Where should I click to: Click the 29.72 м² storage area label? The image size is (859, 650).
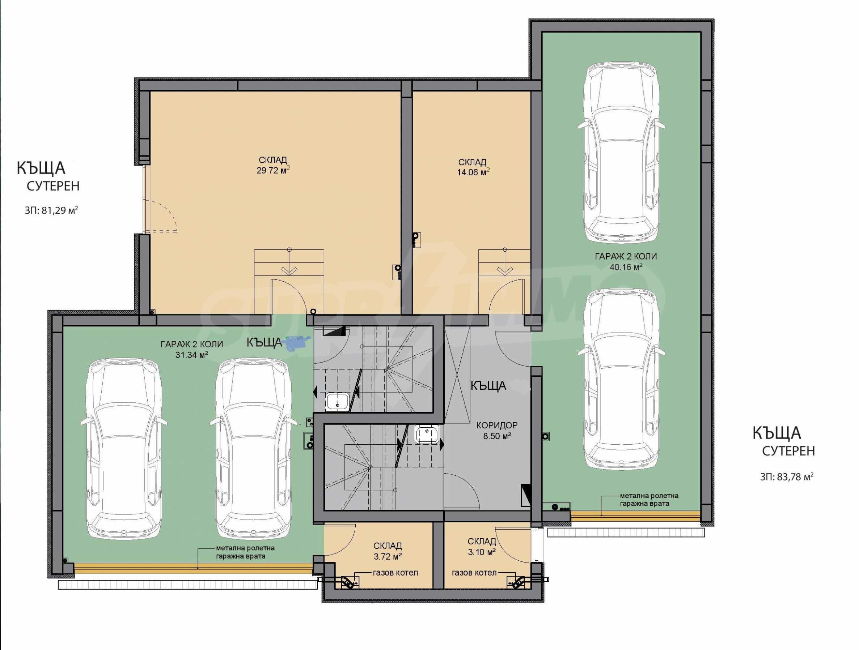[273, 170]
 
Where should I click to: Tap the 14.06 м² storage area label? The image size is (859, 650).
[473, 172]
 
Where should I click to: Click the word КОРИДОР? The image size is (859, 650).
[497, 425]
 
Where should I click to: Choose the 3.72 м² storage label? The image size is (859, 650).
[388, 556]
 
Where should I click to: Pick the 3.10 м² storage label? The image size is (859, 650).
[482, 551]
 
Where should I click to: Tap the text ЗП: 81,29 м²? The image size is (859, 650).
[51, 211]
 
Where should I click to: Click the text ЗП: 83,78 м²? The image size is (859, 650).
[787, 477]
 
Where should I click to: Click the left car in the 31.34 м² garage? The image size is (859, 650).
[124, 449]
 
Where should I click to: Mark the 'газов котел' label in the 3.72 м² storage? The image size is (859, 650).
[395, 573]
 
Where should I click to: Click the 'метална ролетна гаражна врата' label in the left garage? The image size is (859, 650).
[245, 552]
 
